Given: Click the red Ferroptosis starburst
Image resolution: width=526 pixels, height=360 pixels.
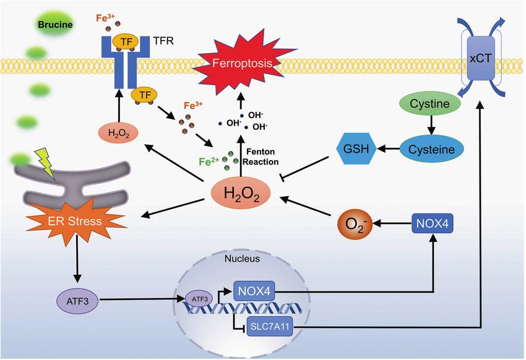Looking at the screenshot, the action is tap(243, 63).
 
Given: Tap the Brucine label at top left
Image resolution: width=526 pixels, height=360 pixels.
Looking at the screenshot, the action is tap(55, 25).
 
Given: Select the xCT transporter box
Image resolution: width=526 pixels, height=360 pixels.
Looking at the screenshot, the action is tap(481, 59).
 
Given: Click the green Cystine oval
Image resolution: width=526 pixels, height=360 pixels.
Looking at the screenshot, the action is tap(429, 103).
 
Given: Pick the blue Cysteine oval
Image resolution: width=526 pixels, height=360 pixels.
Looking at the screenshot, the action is tap(431, 149).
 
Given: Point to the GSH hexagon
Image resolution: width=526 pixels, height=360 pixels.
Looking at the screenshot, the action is tap(356, 148).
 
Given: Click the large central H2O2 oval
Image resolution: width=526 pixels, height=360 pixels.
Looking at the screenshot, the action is tap(241, 193).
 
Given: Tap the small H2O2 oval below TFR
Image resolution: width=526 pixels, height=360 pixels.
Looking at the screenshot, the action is tap(119, 133).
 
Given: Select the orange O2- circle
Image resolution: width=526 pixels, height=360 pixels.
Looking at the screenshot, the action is tap(355, 223).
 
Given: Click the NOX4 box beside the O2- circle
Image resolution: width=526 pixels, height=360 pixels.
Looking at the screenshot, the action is tap(433, 223).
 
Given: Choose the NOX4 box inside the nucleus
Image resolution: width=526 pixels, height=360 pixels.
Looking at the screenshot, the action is tap(254, 291).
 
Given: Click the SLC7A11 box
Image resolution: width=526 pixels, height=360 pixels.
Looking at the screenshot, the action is tap(269, 326).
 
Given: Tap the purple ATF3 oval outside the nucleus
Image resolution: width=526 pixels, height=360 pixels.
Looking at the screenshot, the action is tap(77, 301).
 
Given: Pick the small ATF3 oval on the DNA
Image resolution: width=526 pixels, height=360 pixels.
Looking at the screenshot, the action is tap(199, 299).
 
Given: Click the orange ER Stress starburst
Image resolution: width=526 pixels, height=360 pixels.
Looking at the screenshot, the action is tap(75, 221).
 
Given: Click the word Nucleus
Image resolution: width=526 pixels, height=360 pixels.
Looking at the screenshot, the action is tap(242, 259).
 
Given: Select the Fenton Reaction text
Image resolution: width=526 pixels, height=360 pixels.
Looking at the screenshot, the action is tap(261, 157).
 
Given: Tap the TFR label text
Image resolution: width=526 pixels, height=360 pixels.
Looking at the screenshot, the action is tap(163, 41).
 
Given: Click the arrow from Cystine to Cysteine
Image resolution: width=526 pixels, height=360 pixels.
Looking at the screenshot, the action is tap(431, 126).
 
